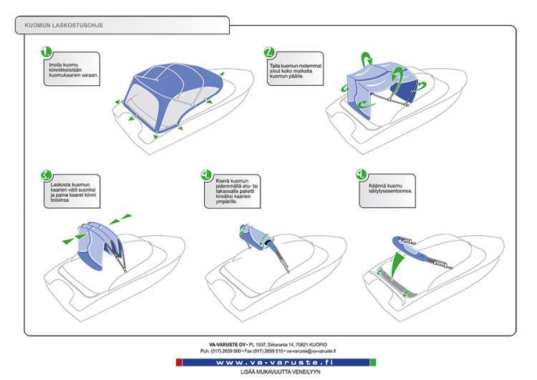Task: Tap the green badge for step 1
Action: [47, 53]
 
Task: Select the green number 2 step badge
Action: [269, 52]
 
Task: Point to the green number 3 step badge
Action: [47, 174]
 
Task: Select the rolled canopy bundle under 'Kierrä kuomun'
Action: [253, 235]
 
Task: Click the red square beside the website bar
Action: [180, 363]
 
